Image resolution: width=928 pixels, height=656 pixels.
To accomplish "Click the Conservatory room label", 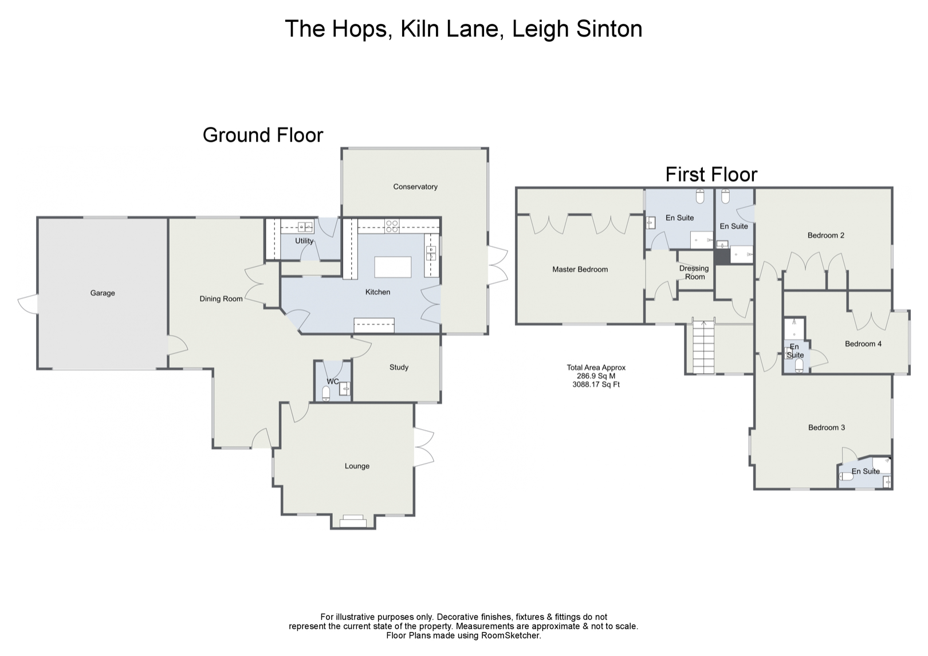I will [415, 187].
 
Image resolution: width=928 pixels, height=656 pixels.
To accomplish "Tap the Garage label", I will [103, 293].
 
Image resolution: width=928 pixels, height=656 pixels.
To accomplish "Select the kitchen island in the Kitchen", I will [392, 267].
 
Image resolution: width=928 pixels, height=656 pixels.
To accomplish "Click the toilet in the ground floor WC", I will [326, 393].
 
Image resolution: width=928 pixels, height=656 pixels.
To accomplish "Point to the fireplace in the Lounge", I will [353, 521].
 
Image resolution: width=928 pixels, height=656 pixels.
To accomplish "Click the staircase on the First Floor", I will [702, 347].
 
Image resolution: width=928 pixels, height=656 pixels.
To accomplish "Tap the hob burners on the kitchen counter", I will [392, 226].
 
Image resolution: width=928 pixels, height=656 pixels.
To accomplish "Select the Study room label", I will [399, 367].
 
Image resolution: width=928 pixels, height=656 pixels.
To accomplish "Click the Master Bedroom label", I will [580, 269].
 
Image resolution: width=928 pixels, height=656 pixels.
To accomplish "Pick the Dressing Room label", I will [694, 272].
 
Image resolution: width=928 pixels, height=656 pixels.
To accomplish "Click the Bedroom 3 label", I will [826, 427].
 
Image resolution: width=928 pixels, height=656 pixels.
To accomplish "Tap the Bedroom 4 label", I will [863, 344].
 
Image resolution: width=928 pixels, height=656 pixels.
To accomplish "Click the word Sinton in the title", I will [609, 29].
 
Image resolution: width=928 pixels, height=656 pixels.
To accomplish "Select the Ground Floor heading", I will [263, 135].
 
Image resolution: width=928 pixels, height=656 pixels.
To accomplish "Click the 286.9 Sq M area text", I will [596, 376].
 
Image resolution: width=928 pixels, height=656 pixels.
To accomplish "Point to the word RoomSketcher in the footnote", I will [511, 635].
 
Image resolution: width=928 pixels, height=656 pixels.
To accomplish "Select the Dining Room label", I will [221, 298].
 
